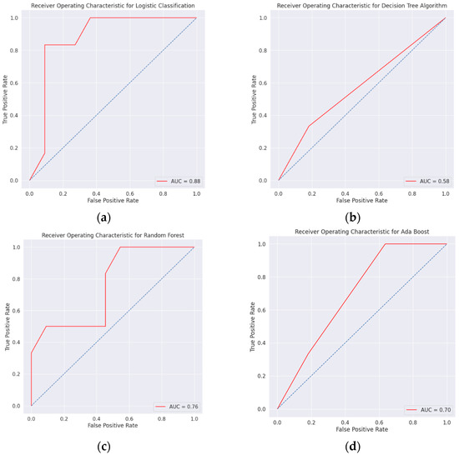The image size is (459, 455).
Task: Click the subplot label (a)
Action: (x=104, y=217)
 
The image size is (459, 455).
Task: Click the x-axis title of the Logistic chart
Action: (x=113, y=201)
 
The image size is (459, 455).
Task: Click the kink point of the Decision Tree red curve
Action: (x=309, y=126)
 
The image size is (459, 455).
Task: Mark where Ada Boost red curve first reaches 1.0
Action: (x=385, y=244)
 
